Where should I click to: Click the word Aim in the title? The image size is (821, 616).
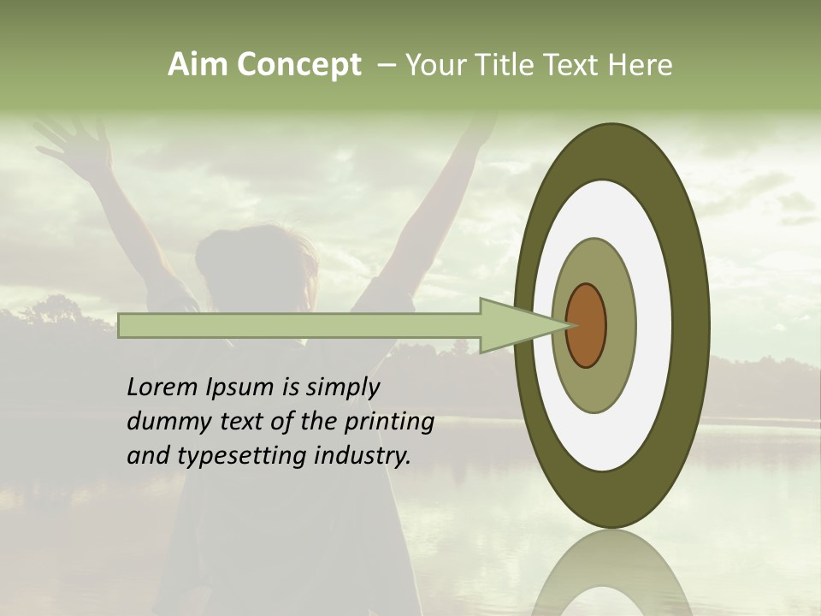[198, 65]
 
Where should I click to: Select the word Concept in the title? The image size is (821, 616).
[298, 65]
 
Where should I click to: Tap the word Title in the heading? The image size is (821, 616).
[522, 65]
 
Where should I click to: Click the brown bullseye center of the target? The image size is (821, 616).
[586, 326]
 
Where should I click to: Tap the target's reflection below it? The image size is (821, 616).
[611, 573]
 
